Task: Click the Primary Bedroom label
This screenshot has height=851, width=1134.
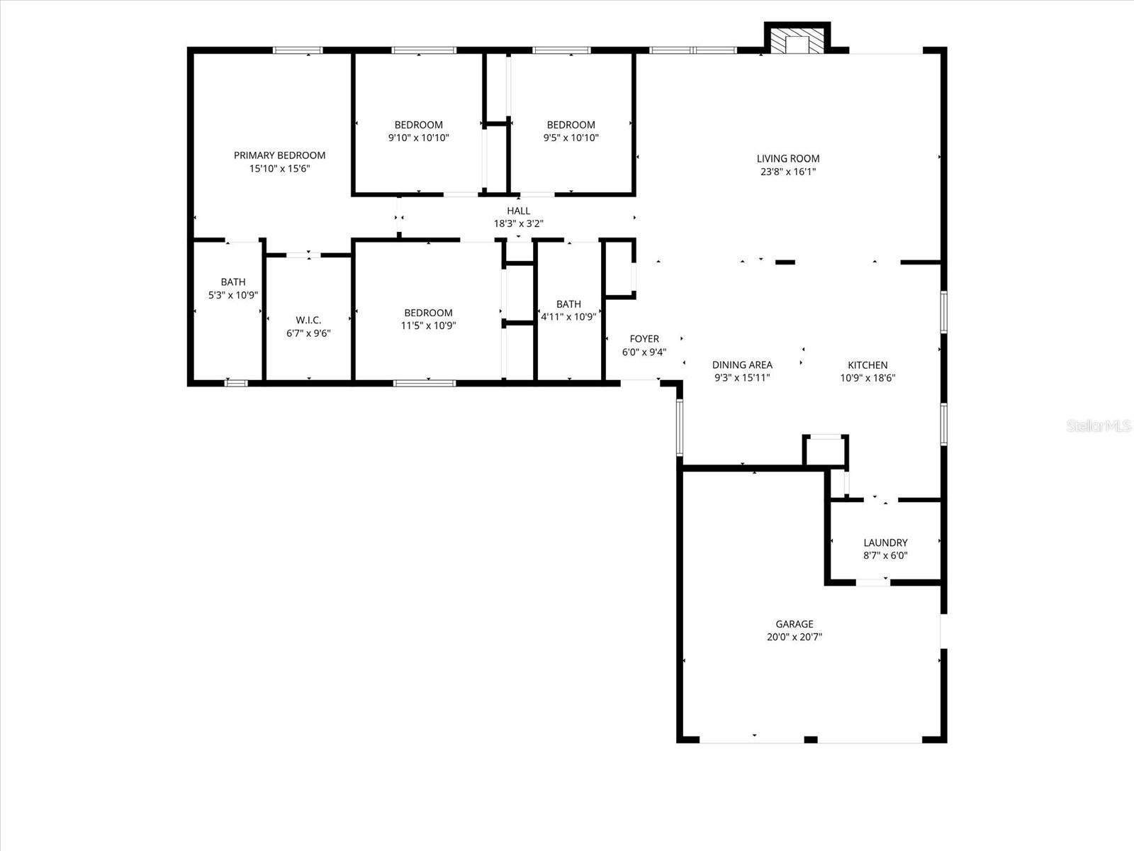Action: (279, 155)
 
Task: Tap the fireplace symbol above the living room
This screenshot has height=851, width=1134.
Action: (797, 41)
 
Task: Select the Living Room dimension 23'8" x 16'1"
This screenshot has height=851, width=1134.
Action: (787, 172)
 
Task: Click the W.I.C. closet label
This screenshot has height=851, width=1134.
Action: (308, 320)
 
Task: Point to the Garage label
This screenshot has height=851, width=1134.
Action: (794, 624)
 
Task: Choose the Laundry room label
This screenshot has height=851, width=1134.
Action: (885, 543)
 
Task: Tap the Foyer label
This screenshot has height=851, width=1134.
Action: (644, 339)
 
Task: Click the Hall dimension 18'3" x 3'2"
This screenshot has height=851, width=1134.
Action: (518, 223)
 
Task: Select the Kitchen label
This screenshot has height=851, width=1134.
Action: (868, 365)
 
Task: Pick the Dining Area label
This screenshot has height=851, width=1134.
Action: (742, 365)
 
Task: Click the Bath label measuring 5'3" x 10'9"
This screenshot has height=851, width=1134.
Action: (232, 282)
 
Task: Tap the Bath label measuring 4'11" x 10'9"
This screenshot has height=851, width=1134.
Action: (568, 304)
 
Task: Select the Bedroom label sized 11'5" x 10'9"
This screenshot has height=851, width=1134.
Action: (428, 313)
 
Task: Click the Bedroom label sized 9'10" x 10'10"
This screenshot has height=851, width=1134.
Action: (418, 125)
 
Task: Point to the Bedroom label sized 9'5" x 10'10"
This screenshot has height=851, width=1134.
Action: (571, 125)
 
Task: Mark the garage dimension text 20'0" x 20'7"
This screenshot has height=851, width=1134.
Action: (794, 637)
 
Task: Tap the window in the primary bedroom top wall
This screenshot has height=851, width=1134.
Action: (298, 50)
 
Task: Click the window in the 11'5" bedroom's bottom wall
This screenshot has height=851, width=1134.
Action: (424, 383)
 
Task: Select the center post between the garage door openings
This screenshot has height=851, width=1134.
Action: (811, 740)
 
